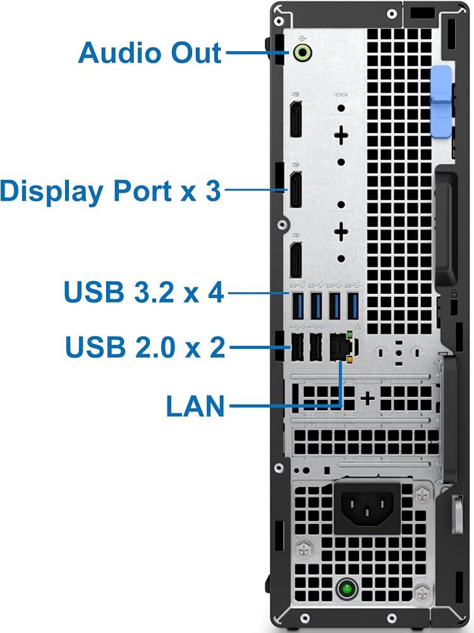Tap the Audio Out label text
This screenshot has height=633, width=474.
[x=150, y=53]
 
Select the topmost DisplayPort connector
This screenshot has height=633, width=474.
[x=295, y=119]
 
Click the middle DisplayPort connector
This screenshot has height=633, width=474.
[x=295, y=189]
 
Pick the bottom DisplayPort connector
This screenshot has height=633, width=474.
[x=295, y=260]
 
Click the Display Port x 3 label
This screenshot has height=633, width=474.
[x=111, y=191]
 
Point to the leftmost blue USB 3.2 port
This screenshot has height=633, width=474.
[x=298, y=306]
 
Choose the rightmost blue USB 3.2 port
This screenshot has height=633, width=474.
[x=353, y=306]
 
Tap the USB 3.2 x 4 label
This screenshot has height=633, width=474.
[x=143, y=292]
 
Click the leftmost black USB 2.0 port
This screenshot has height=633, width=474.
[x=298, y=347]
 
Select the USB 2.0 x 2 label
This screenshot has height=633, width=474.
[x=145, y=347]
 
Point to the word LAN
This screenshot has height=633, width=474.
[x=195, y=406]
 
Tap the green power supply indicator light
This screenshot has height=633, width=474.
[x=346, y=589]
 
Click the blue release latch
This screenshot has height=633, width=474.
[x=441, y=102]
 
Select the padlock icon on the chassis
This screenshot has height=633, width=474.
[x=454, y=294]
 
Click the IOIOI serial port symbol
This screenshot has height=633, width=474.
[x=341, y=94]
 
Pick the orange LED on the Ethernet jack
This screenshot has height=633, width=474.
[x=350, y=359]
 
